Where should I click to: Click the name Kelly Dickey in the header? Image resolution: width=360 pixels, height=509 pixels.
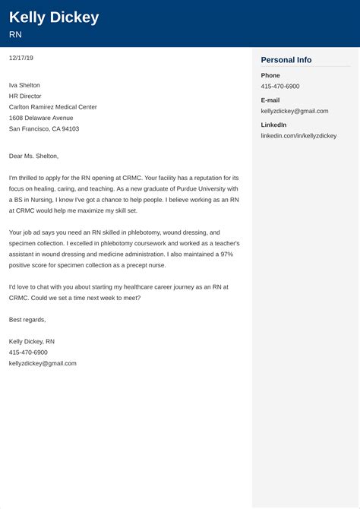[54, 17]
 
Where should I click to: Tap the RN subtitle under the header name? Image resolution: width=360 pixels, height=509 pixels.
[15, 35]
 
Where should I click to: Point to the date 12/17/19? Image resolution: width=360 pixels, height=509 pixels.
[21, 58]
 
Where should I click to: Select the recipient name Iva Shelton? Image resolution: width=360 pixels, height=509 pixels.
[25, 85]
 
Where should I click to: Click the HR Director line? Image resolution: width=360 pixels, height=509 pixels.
[26, 96]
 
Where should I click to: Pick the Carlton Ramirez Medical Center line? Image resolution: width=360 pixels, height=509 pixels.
[53, 107]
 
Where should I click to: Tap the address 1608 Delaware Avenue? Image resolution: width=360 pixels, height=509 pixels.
[41, 118]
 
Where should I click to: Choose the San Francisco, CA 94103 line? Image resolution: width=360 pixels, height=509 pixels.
[44, 129]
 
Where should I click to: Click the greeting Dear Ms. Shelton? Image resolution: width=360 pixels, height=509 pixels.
[33, 156]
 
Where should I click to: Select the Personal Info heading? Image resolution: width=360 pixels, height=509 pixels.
[286, 60]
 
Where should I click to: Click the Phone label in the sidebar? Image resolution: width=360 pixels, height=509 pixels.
[270, 75]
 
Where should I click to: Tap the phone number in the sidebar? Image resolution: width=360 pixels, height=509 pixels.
[280, 87]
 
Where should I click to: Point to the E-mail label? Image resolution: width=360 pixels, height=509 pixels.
[271, 100]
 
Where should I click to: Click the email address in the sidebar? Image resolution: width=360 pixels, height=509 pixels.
[295, 111]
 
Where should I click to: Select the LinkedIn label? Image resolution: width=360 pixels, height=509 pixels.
[274, 124]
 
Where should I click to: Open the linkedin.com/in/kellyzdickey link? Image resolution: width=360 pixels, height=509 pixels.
[298, 135]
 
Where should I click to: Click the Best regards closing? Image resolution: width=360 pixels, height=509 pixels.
[27, 320]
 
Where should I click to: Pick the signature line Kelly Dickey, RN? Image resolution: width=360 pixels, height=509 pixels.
[32, 342]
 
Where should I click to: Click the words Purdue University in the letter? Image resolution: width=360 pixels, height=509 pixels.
[198, 188]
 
